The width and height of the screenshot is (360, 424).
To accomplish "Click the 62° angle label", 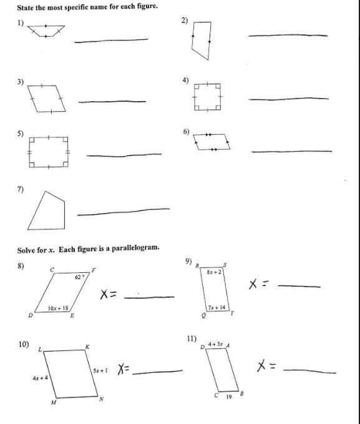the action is [79, 277].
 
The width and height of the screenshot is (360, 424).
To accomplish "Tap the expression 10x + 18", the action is [58, 308].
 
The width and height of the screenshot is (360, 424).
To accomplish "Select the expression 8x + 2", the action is [214, 272].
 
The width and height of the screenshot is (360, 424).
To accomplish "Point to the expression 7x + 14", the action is [216, 307].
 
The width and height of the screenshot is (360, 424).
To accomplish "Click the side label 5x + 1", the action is [100, 370].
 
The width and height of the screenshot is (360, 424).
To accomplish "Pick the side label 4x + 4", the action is [41, 378].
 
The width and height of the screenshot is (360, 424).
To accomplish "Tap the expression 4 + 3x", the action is [215, 344].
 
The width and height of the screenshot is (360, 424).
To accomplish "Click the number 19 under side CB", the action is [229, 397].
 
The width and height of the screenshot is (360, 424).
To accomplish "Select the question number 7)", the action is [21, 189].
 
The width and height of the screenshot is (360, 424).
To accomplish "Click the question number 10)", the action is [24, 345].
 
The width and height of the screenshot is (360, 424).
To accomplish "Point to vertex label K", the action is [87, 347].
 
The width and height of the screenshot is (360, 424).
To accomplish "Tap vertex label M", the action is [54, 403].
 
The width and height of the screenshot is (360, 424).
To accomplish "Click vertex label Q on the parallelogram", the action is [203, 315].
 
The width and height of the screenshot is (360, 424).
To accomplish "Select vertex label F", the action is [94, 270].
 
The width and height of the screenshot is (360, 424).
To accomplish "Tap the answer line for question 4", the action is [289, 99].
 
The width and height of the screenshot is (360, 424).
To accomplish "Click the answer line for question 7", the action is [124, 212].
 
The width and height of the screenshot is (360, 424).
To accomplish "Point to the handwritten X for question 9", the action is [253, 285].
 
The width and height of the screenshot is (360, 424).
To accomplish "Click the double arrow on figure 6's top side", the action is [208, 134].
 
